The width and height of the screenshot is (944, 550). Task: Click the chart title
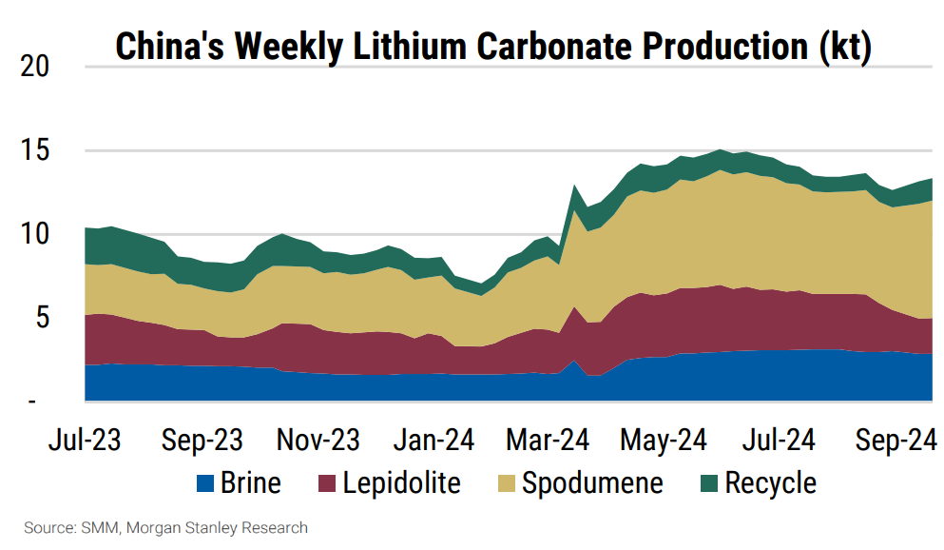(x=492, y=47)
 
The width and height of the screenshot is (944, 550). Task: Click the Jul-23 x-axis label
(x=85, y=442)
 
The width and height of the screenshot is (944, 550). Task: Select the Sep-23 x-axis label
(x=202, y=442)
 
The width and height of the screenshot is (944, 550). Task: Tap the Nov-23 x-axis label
(x=318, y=442)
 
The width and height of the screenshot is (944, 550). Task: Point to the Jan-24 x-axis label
(x=433, y=442)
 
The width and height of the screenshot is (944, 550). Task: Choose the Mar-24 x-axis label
(x=549, y=442)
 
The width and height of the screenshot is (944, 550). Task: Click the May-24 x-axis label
(x=664, y=442)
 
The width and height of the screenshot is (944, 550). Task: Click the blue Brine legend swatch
(x=204, y=483)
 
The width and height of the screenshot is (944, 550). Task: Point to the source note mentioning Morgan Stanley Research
(x=165, y=527)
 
